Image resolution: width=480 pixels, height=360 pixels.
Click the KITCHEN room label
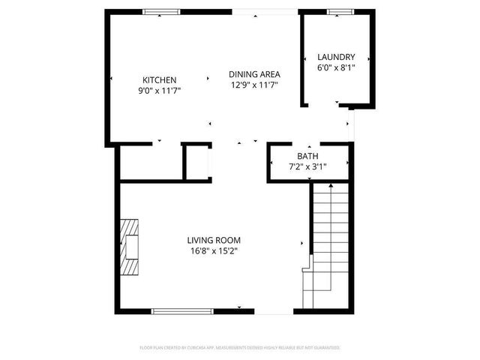159,80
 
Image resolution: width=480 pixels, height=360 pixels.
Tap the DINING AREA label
254,74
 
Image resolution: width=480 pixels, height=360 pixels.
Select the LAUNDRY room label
335,58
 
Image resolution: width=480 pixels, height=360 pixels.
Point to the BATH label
307,157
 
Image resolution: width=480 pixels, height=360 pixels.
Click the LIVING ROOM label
214,241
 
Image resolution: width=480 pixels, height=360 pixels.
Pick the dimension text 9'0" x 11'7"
159,91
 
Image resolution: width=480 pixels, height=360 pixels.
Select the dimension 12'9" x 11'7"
254,85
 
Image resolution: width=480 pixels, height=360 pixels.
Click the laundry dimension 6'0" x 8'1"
335,67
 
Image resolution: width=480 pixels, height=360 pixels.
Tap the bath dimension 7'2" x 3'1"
307,166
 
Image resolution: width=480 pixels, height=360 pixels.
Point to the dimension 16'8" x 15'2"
214,251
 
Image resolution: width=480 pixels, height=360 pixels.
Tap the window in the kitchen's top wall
162,12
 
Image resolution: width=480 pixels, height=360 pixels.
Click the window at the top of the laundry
340,12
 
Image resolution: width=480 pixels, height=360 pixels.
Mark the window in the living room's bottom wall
182,310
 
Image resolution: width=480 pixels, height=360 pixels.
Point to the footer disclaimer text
240,348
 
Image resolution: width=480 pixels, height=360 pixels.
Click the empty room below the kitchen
150,161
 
